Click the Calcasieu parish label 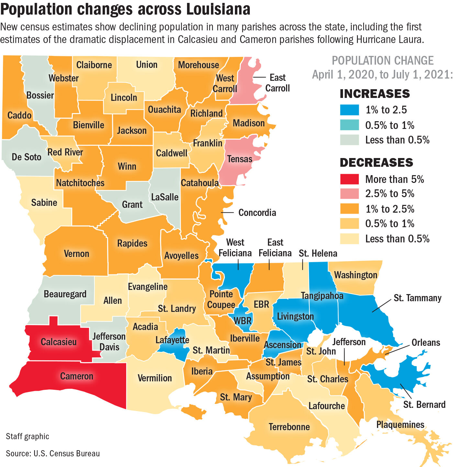tap(59, 342)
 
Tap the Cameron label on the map tap(77, 376)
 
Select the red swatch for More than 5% tap(349, 179)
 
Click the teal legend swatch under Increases tap(349, 125)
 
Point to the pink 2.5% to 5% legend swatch tap(349, 194)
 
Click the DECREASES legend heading tap(376, 163)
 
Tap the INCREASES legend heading tap(375, 94)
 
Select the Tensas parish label tap(239, 159)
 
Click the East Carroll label tap(277, 83)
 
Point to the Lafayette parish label tap(172, 340)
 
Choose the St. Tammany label tap(417, 298)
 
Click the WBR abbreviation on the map tap(242, 321)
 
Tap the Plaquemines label tap(400, 425)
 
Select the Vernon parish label tap(76, 254)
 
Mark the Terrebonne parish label tap(289, 427)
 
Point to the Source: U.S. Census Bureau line tap(53, 453)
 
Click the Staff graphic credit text tap(28, 436)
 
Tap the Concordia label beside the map tap(257, 213)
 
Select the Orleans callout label tap(425, 343)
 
